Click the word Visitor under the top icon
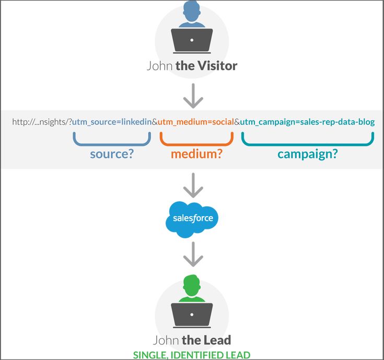click(x=217, y=66)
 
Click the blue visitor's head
click(x=192, y=10)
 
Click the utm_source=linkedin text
click(x=111, y=122)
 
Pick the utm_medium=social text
click(x=195, y=122)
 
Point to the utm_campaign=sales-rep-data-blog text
click(x=307, y=122)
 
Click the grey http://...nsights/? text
click(x=42, y=122)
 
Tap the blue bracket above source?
click(x=112, y=138)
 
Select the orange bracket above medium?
click(x=196, y=138)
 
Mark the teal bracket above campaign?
click(x=307, y=138)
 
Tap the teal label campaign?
click(x=307, y=154)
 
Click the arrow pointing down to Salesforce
click(x=193, y=184)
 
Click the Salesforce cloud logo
click(x=193, y=218)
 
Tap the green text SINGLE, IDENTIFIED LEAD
click(x=192, y=355)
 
